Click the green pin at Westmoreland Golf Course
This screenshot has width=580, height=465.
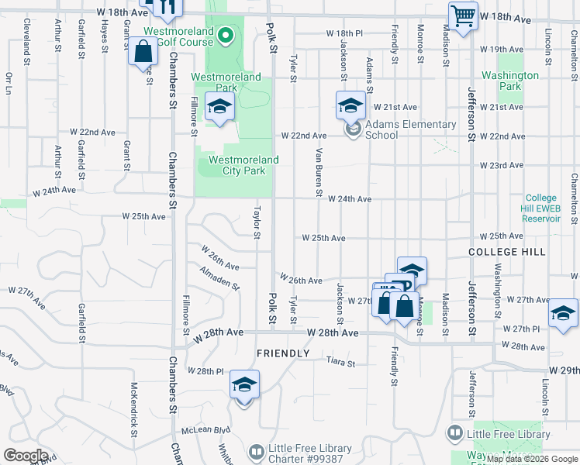[226, 35]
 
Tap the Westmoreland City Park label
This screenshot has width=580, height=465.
[243, 166]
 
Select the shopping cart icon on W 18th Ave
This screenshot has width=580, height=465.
[463, 15]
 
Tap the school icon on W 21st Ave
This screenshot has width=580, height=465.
[350, 105]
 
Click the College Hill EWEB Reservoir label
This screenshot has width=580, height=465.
[541, 208]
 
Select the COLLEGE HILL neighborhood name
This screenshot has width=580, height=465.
[507, 253]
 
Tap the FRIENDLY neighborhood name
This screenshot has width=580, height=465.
[283, 353]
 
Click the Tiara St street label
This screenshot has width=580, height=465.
[340, 362]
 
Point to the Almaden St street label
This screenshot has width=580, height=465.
[219, 279]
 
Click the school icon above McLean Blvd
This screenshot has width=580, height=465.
[244, 385]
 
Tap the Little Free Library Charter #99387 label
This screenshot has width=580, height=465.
[309, 454]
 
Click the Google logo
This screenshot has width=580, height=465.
[25, 456]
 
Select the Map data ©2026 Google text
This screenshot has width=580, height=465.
[532, 459]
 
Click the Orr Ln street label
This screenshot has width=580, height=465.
[9, 84]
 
